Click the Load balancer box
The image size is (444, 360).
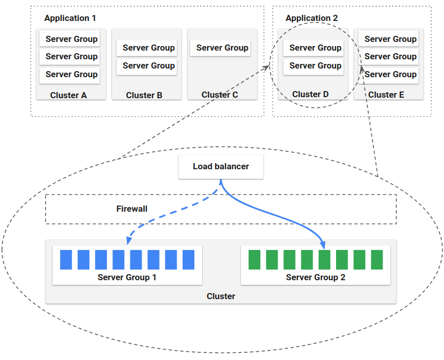221,167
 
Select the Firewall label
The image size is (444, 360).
132,209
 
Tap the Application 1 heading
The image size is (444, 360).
70,18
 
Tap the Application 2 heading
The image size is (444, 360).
312,18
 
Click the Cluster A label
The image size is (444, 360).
69,95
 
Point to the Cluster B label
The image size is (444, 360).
144,95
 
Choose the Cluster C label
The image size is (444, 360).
220,95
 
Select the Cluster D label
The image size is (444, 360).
310,94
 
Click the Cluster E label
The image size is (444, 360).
386,95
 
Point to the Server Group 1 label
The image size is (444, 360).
127,277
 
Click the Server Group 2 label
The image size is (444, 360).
316,277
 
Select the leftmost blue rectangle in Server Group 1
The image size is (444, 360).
66,260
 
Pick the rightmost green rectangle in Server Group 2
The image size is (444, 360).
377,260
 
